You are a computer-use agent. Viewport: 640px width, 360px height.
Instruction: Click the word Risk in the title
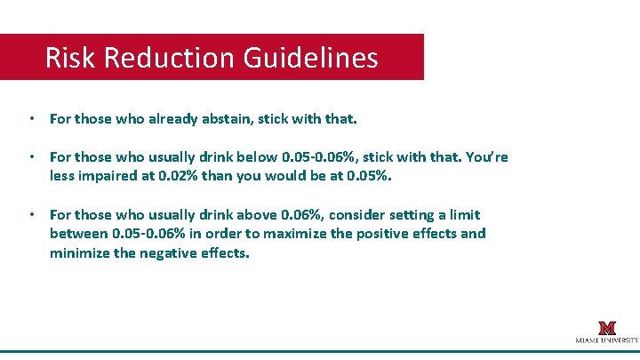(71, 59)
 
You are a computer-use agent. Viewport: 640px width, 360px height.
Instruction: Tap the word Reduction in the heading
(167, 59)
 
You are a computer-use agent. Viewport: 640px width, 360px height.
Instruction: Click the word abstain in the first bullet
(230, 117)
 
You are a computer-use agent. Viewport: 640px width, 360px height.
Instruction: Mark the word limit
(463, 214)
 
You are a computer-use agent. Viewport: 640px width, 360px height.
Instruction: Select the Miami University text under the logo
(606, 340)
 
